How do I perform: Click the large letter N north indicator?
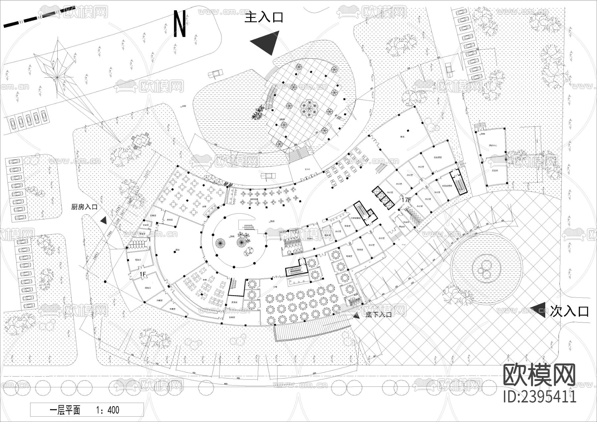(x=180, y=24)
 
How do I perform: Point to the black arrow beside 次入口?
(x=538, y=310)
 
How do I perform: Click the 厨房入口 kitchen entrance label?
(x=84, y=207)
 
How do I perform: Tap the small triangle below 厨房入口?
(x=103, y=220)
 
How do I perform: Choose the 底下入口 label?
(x=378, y=315)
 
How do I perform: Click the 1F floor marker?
(x=143, y=274)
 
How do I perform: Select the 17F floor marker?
(x=406, y=200)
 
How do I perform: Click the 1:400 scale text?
(x=107, y=410)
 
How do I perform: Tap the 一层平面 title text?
(x=65, y=410)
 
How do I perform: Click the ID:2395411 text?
(x=540, y=396)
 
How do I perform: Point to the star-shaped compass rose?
(x=57, y=77)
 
